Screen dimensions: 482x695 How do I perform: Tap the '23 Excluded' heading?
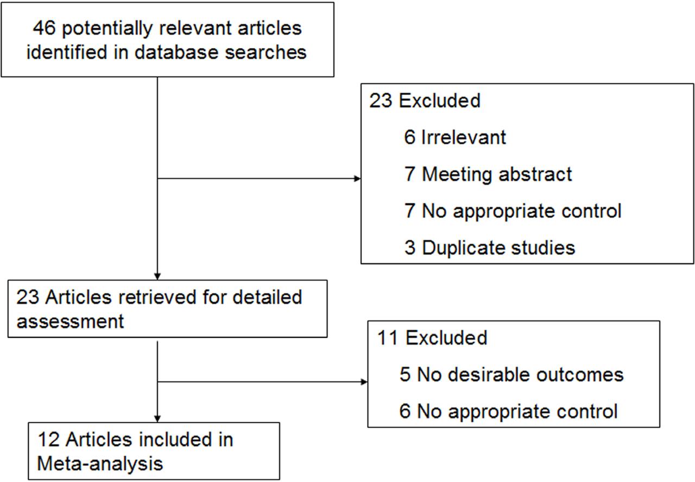[425, 101]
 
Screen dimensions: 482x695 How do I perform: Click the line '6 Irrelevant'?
[455, 137]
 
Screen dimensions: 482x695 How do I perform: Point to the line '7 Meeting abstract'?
[488, 174]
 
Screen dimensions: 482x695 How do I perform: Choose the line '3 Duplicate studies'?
[489, 247]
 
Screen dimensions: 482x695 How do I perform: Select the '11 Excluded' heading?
[432, 338]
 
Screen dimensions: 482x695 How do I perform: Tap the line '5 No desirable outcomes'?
[511, 375]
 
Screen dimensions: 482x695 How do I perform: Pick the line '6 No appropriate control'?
[509, 411]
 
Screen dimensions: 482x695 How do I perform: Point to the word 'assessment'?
[71, 321]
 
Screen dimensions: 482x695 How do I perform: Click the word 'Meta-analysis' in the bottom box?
[100, 464]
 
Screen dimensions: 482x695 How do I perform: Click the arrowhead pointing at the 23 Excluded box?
[357, 178]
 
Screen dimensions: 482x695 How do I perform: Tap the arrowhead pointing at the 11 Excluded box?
[363, 382]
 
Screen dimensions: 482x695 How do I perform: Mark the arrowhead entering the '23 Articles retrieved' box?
[157, 275]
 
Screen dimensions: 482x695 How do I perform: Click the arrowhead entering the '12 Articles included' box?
[157, 418]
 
